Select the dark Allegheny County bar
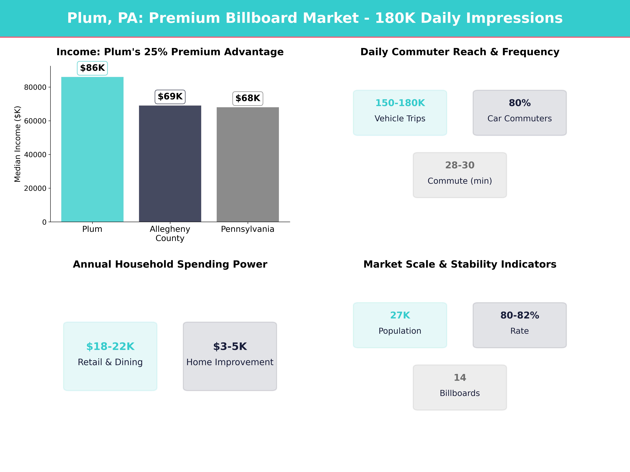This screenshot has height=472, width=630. coord(170,164)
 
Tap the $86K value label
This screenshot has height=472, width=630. coord(92,68)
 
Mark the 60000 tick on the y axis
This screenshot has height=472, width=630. coord(35,121)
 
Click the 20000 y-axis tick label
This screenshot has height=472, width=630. coord(35,188)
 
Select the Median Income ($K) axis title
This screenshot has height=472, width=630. coord(18,144)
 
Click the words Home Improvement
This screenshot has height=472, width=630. coord(230,362)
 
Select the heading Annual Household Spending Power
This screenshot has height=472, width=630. coord(170,264)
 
